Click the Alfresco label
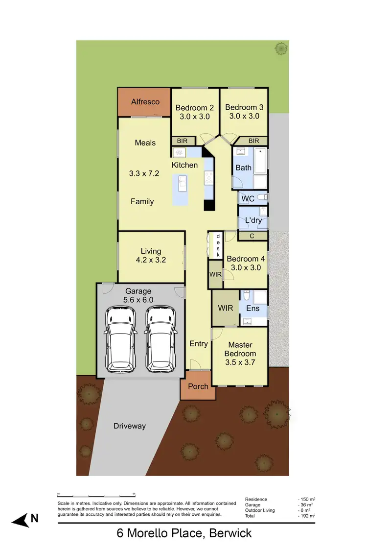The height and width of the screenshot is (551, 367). tap(145, 102)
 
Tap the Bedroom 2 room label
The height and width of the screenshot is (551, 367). tap(194, 107)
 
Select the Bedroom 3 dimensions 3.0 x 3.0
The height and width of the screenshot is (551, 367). tap(244, 117)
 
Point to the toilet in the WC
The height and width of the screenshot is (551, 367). tap(262, 197)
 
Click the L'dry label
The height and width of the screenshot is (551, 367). tap(253, 220)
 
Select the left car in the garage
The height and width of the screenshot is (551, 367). tap(120, 338)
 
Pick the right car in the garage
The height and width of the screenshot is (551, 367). tap(161, 338)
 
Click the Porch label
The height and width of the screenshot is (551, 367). tap(198, 386)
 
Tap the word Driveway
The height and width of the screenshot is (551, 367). tap(130, 426)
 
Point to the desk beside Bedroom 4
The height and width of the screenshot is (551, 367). tap(218, 245)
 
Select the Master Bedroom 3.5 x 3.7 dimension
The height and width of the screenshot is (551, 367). tap(240, 362)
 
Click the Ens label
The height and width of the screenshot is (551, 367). tap(253, 309)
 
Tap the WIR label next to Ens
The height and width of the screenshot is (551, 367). tap(225, 309)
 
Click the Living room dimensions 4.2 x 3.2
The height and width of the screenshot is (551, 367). tap(151, 260)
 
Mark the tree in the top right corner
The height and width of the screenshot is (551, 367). tap(281, 48)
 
